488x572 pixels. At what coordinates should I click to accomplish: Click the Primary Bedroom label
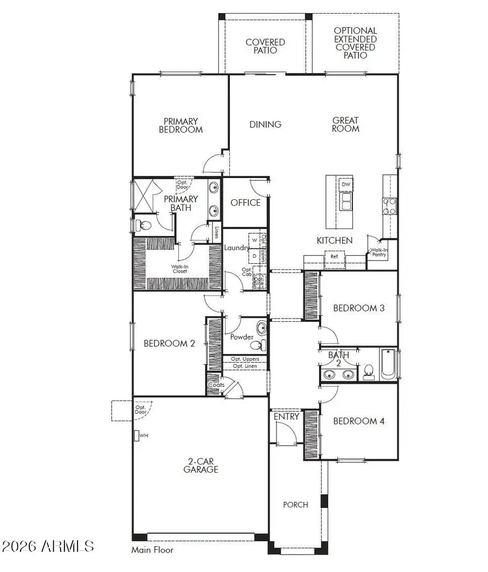pos(181,125)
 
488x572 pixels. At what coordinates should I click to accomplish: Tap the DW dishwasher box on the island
pos(346,185)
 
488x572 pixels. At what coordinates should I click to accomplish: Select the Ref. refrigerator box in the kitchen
pos(334,256)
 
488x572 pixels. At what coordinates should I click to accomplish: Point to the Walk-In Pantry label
pos(378,253)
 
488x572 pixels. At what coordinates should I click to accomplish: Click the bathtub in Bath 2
pos(388,365)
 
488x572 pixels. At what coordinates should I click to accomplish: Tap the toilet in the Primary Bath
pos(143,224)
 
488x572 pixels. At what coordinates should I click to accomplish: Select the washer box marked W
pos(254,239)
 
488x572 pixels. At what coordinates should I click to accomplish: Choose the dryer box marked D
pos(254,255)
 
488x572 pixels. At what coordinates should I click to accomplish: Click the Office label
pos(246,202)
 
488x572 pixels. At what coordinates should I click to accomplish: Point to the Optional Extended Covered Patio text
pos(355,43)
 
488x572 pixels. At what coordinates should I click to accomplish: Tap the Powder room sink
pos(261,328)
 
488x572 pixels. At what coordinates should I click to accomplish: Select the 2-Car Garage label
pos(201,465)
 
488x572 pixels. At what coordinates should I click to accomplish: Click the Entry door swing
pos(285,433)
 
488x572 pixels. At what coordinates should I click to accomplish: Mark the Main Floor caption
pos(152,550)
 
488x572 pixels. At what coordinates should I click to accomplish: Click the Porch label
pos(296,504)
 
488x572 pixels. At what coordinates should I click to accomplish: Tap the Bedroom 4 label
pos(358,421)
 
